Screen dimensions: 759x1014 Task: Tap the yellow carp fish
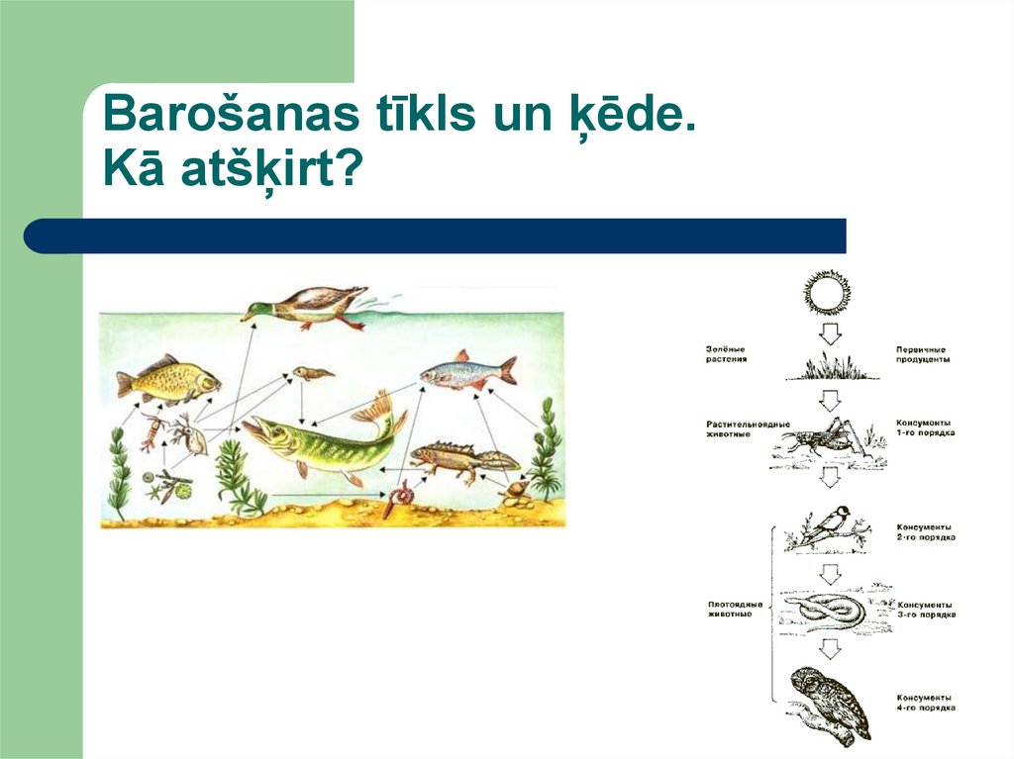167,380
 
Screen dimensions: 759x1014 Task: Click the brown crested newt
461,457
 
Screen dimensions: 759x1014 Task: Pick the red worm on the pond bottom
402,497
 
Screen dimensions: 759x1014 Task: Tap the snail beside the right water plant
514,489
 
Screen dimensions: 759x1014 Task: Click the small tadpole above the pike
311,373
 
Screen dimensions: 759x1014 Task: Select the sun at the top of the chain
828,293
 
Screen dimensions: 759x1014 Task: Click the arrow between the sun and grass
830,333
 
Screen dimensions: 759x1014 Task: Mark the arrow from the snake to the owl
830,649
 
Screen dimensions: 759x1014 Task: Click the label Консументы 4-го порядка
925,703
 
